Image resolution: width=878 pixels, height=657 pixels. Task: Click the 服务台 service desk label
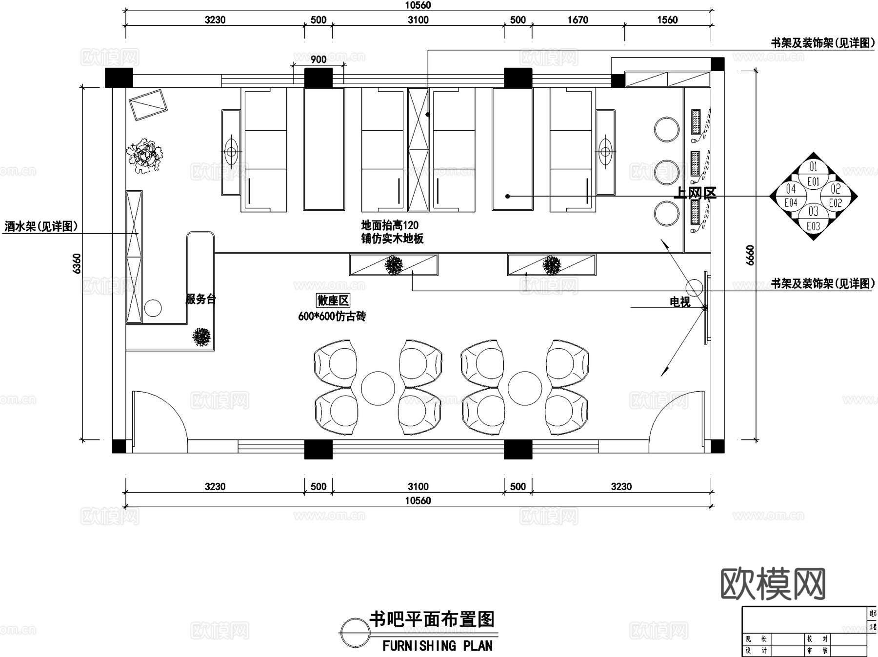tap(200, 299)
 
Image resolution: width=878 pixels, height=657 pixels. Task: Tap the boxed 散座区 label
tap(333, 300)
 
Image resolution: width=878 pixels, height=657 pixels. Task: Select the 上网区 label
tap(695, 193)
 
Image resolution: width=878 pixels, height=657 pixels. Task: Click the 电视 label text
tap(680, 302)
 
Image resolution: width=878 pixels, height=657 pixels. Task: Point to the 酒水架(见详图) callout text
tap(41, 226)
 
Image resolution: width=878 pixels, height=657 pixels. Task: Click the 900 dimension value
tap(319, 60)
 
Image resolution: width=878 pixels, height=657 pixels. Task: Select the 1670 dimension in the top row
tap(578, 20)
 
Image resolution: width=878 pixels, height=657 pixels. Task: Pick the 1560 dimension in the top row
tap(667, 20)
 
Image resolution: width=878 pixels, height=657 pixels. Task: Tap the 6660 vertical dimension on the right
tap(750, 255)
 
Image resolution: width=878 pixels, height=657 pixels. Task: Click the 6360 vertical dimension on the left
tap(77, 263)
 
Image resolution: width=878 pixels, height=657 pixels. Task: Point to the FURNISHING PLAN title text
tap(437, 646)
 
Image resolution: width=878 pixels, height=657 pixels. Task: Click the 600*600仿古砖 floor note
tap(332, 316)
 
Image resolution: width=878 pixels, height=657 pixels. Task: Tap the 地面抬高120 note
tap(390, 225)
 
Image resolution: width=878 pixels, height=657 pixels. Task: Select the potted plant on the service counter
tap(201, 337)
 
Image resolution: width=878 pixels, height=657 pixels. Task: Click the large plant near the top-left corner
tap(144, 156)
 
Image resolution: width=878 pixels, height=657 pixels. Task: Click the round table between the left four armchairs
tap(378, 388)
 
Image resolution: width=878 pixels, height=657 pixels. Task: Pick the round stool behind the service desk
tap(153, 308)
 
